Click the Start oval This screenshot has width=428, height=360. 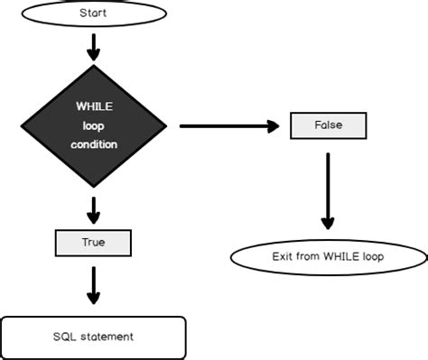coord(93,14)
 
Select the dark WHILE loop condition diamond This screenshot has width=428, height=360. coord(93,126)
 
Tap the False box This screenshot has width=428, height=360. coord(328,125)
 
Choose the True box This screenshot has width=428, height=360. coord(93,242)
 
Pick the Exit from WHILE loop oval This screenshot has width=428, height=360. coord(328,256)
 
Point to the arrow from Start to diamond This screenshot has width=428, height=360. coord(93,43)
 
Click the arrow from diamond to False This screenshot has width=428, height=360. coord(226,125)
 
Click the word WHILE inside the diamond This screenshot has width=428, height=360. coord(93,107)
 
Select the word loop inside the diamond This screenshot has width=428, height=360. coord(93,125)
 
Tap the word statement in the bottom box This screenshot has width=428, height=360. coord(106,337)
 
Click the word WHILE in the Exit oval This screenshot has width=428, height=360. coord(342,256)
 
